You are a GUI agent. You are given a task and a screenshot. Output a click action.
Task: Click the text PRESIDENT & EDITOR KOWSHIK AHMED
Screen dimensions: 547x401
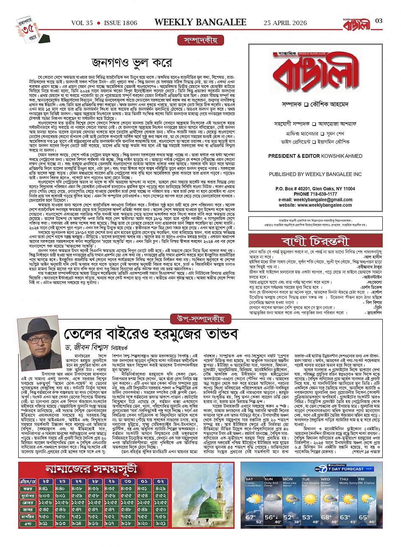pyautogui.click(x=309, y=156)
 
